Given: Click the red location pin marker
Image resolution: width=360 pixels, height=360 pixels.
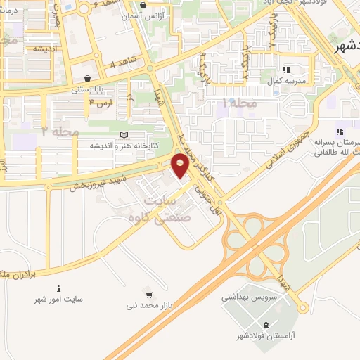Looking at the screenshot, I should pyautogui.click(x=180, y=165).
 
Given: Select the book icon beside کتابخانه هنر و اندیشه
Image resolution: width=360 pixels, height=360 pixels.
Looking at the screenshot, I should pyautogui.click(x=124, y=134).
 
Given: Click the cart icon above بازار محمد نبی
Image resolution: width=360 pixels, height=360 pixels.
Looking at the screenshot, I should pyautogui.click(x=148, y=293).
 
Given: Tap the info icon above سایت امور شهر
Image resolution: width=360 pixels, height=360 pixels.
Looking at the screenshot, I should pyautogui.click(x=58, y=288).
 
